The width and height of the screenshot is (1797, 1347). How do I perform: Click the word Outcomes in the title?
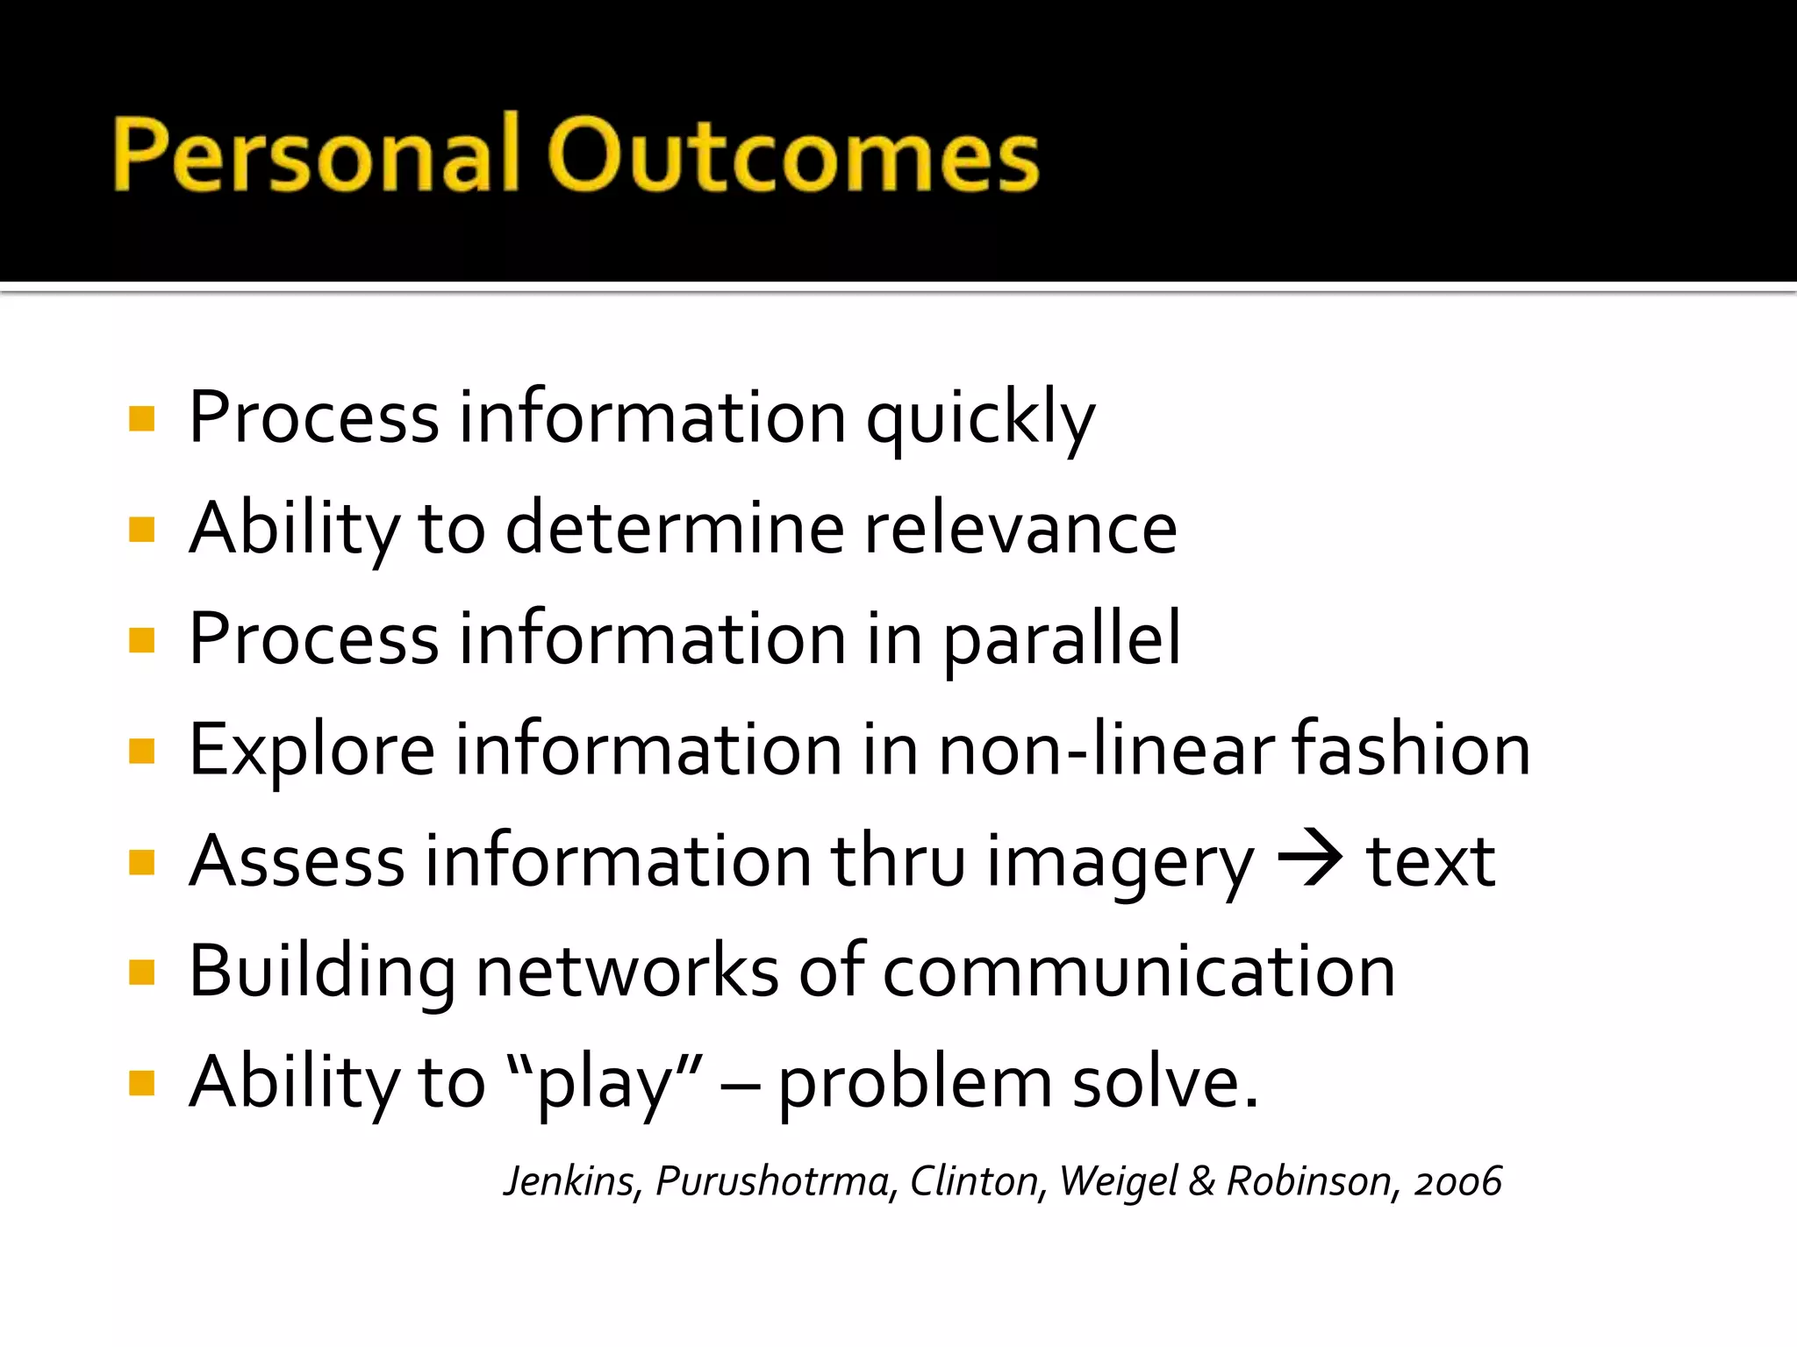(793, 156)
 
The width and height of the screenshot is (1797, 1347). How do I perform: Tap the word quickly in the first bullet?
(980, 419)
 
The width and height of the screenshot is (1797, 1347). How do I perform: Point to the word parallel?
(1062, 641)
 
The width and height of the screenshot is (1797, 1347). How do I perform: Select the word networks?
(626, 972)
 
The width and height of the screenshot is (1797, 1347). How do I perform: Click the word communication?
(1138, 972)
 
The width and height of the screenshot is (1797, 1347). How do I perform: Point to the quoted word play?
(605, 1084)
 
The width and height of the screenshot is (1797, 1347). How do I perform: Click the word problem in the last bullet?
(914, 1084)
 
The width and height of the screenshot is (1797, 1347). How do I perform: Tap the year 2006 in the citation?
(1457, 1181)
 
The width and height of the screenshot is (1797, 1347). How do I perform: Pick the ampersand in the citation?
(1201, 1181)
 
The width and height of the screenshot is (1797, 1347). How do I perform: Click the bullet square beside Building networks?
(141, 973)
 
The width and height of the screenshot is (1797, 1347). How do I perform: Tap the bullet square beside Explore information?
(141, 752)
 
